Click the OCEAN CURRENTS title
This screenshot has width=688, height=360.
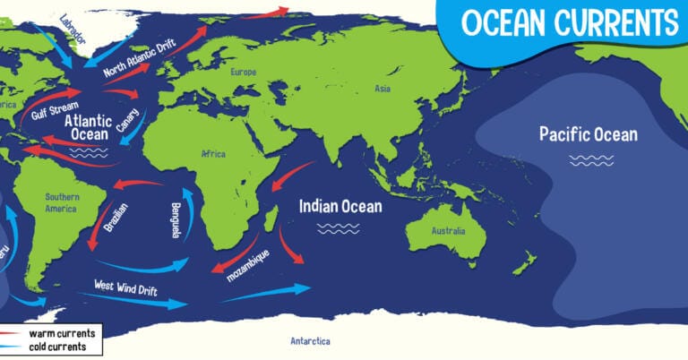(569, 22)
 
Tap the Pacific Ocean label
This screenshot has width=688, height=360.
(588, 135)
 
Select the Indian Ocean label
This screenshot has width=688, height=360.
(340, 206)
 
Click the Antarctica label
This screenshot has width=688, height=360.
(310, 341)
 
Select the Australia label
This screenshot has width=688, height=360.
(448, 231)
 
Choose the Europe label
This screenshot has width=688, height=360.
(243, 72)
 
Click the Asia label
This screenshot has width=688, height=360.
(383, 89)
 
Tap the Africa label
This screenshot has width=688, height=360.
(213, 154)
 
